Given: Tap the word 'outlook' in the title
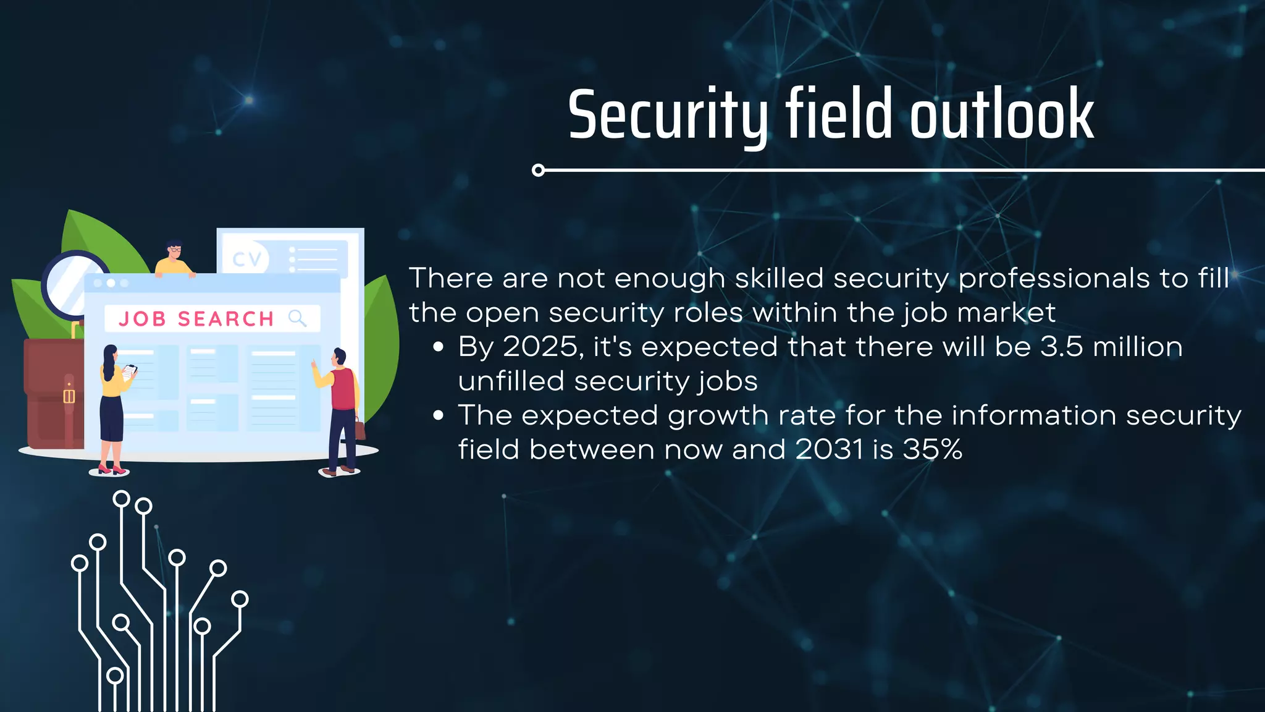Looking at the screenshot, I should pos(1002,116).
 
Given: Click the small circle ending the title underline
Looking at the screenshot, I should pos(538,170).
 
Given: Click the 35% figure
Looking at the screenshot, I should pos(932,449).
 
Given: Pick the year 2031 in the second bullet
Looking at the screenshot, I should pos(828,449).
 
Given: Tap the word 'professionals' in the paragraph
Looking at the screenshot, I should pos(1054,279).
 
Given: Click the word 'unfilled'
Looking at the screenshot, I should pos(511,381).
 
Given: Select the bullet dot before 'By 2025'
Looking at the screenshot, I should pos(439,347).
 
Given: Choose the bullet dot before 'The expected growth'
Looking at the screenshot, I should pos(439,415).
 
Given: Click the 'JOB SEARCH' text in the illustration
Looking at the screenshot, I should pos(196,319).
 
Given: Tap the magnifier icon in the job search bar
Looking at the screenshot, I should pos(297,318).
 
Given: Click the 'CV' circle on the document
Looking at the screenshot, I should pos(247,259).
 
